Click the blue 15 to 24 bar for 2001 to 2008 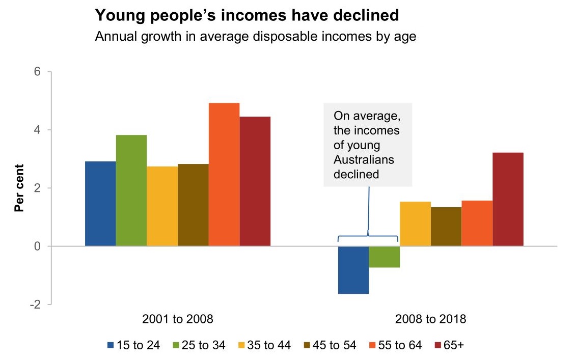pos(100,204)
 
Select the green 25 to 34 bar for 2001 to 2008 pos(131,190)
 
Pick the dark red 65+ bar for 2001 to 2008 pos(255,181)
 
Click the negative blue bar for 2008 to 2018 pos(353,270)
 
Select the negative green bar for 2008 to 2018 pos(384,257)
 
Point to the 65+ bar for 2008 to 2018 pos(508,199)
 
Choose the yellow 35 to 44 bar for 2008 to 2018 pos(415,224)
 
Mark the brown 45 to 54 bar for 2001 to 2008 pos(193,205)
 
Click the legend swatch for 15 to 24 pos(111,345)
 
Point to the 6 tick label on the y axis pos(37,72)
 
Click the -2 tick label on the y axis pos(35,304)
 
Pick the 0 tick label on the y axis pos(37,246)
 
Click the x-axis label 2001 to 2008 pos(177,320)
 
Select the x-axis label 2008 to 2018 pos(430,320)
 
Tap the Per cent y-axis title pos(19,188)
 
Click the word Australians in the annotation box pos(364,160)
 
